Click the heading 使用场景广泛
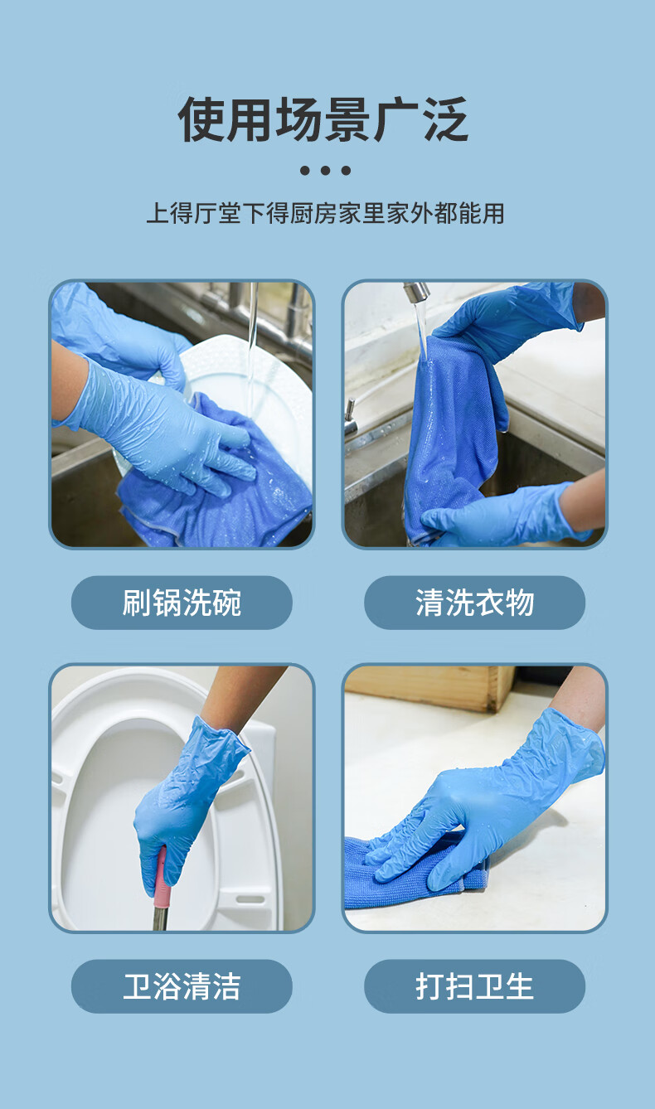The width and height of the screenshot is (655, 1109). (x=323, y=119)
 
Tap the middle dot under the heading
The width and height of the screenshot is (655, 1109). (x=325, y=171)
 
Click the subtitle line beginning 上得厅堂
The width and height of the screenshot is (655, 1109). (x=325, y=213)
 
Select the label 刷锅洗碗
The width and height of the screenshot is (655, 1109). (x=182, y=603)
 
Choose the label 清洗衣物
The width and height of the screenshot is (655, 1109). (x=475, y=603)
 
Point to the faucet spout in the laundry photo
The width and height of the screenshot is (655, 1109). (x=417, y=291)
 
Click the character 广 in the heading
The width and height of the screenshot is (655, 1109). (x=396, y=119)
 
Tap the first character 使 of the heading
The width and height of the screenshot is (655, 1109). (x=201, y=119)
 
